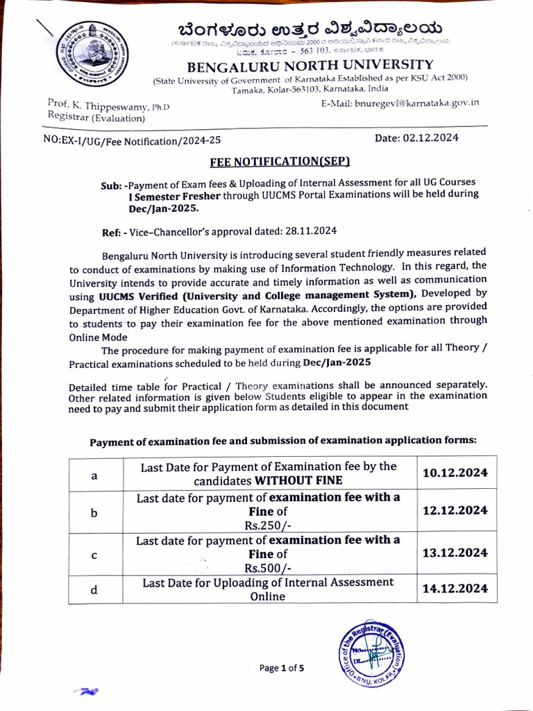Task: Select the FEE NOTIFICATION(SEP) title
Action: coord(280,162)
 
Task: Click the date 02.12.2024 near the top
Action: coord(416,137)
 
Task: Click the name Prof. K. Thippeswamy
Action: coord(99,105)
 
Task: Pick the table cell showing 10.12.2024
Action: coord(455,473)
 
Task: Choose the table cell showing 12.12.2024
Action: coord(455,510)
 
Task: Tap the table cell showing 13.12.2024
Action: coord(455,553)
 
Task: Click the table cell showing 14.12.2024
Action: coord(455,589)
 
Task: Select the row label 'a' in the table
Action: coord(94,476)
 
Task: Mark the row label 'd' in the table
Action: coord(94,590)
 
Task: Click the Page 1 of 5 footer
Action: coord(281,668)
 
